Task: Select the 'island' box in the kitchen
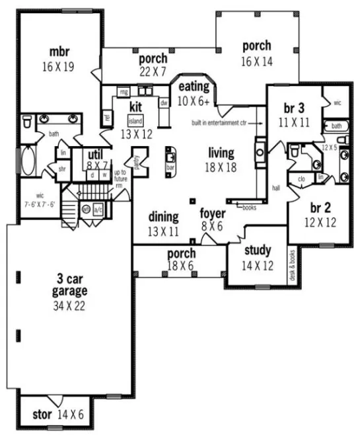coord(136,121)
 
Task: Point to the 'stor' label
coord(42,416)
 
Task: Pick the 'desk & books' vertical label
coord(292,264)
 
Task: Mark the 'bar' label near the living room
coord(170,169)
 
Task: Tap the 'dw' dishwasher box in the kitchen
coord(163,102)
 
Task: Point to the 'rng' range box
coord(124,92)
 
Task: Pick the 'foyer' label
coord(213,214)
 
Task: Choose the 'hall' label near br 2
coord(276,188)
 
